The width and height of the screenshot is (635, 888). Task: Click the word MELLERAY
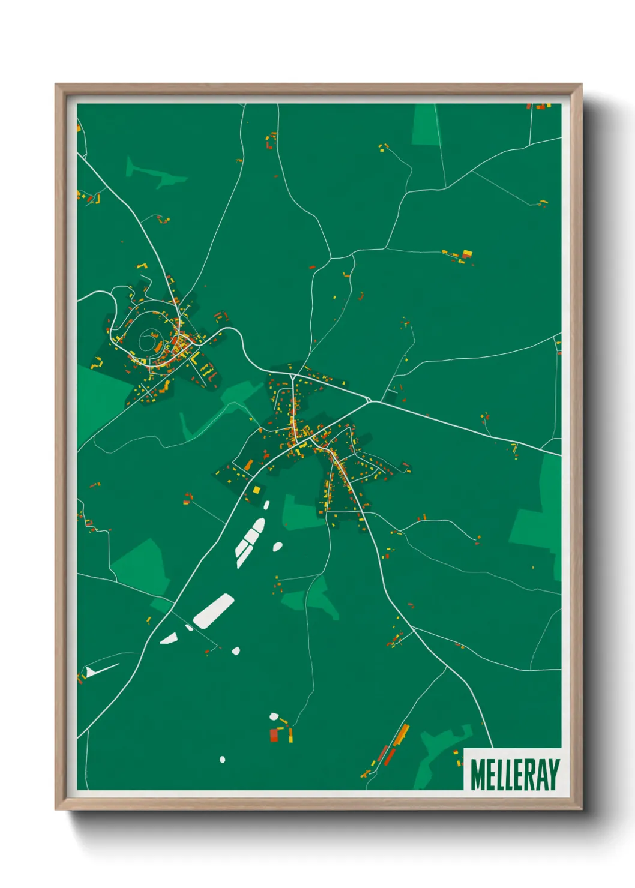[x=515, y=775]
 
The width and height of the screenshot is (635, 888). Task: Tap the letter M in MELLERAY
[x=478, y=775]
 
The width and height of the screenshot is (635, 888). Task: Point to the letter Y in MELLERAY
[x=553, y=775]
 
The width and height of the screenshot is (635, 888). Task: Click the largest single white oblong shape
[x=213, y=611]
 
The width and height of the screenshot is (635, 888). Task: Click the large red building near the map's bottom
[x=274, y=735]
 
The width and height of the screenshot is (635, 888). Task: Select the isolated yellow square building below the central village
[x=257, y=490]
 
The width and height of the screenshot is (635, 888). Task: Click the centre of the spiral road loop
[x=147, y=341]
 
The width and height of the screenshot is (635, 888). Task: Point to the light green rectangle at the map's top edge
[x=426, y=125]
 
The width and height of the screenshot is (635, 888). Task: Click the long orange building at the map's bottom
[x=401, y=733]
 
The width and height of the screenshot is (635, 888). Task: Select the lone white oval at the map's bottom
[x=223, y=760]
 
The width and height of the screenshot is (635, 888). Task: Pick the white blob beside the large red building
[x=274, y=716]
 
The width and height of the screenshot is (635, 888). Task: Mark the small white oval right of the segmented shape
[x=277, y=547]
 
